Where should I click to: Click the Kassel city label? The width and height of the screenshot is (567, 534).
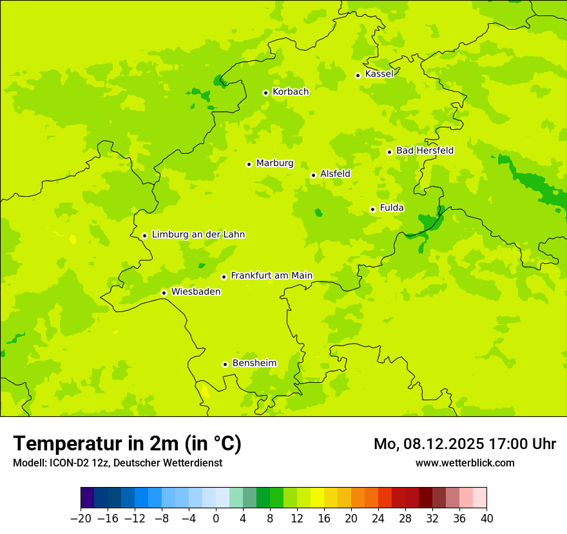pos(379,74)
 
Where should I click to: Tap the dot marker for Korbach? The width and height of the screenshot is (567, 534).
pos(265,93)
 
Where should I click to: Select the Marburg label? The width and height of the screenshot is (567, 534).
pos(274,163)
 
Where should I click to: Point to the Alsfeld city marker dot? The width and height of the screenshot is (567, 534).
pos(313,175)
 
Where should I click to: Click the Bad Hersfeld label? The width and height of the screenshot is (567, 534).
pos(425,151)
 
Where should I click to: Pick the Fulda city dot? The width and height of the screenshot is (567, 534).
pos(372,209)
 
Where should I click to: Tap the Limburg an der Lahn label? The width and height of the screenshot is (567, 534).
pos(198,235)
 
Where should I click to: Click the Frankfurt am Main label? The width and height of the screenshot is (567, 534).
pos(271,276)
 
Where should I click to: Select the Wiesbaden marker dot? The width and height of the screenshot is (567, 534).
pos(164,293)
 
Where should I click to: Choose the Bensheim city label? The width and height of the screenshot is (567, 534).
pos(254,364)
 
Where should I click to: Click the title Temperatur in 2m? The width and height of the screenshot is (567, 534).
pos(127,444)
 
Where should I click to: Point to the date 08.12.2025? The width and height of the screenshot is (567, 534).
pos(443,444)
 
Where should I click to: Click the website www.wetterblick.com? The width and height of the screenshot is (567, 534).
pos(465,463)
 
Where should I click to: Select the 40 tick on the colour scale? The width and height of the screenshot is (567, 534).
pos(486,519)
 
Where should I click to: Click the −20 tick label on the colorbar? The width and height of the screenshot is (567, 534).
pos(81,519)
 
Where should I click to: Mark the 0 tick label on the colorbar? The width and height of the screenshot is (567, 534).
pos(216,519)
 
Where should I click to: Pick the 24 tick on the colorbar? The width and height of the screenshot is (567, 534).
pos(378,519)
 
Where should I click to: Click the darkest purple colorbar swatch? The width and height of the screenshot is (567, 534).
pos(88,499)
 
